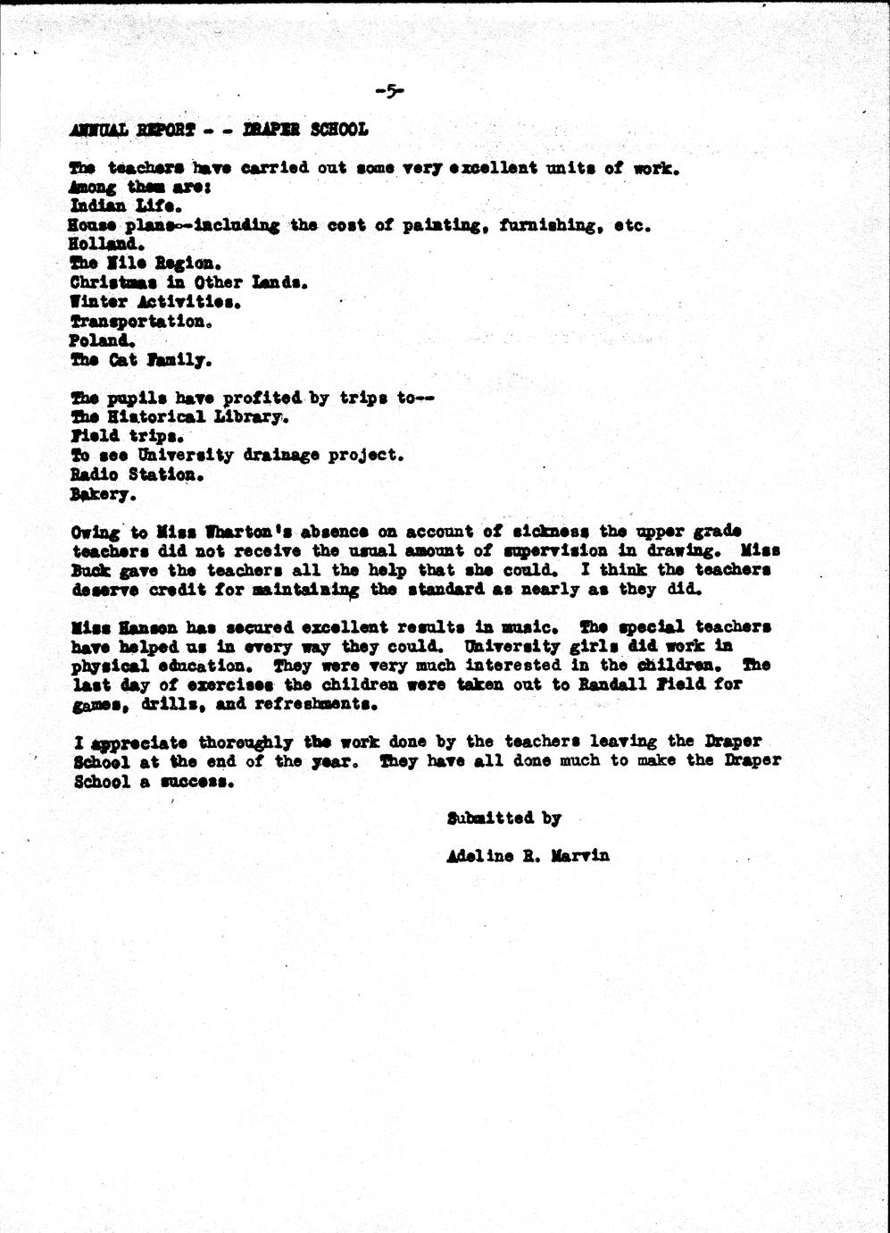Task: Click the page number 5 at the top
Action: pos(390,90)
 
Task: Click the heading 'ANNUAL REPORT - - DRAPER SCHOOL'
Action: pos(218,130)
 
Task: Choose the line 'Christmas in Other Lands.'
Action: pos(188,281)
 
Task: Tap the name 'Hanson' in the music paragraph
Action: pos(159,627)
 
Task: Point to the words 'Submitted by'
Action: pos(503,818)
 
